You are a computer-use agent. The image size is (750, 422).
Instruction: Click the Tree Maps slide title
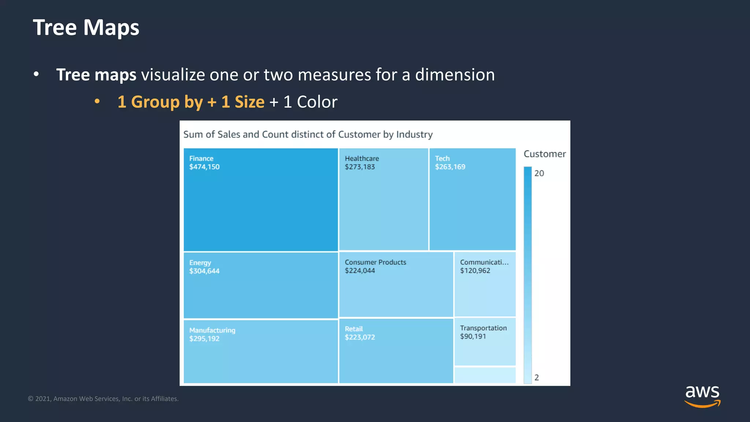coord(86,27)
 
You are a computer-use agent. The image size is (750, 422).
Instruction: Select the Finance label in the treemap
coord(201,159)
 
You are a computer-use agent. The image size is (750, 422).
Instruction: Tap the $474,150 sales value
coord(204,167)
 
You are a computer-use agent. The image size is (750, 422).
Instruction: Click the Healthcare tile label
coord(361,159)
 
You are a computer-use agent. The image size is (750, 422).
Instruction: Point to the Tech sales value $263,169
coord(450,167)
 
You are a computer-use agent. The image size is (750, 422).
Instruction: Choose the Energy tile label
coord(200,263)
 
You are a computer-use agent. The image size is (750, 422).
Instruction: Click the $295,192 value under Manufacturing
coord(204,339)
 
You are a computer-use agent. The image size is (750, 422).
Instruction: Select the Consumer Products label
coord(375,262)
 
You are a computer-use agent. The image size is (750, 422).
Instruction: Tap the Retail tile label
coord(353,329)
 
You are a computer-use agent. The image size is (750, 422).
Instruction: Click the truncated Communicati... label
coord(484,262)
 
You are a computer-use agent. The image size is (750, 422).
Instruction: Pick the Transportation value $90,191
coord(473,337)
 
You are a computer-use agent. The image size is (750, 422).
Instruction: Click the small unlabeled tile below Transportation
coord(484,375)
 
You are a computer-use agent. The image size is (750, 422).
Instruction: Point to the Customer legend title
coord(544,154)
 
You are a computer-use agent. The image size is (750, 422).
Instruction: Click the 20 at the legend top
coord(539,173)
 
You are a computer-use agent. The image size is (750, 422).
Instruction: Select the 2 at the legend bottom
coord(536,378)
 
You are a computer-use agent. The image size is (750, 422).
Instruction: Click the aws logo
coord(702,396)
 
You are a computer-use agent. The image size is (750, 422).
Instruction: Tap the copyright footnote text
coord(103,399)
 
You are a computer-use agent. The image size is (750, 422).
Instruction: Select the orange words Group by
coord(167,102)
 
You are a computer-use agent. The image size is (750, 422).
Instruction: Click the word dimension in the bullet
coord(454,75)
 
